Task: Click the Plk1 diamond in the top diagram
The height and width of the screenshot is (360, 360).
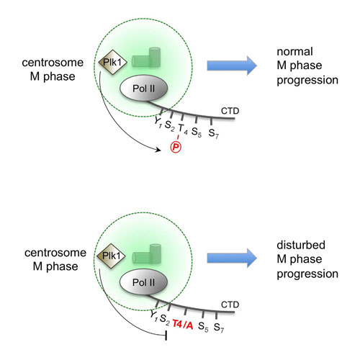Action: [112, 63]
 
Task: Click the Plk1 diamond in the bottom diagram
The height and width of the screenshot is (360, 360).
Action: [111, 256]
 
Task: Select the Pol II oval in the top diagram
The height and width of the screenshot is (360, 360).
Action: [143, 88]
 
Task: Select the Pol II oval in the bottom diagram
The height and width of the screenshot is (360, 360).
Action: [143, 282]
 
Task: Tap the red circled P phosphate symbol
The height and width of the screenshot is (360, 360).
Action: [176, 147]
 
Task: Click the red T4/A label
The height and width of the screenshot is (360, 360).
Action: [183, 325]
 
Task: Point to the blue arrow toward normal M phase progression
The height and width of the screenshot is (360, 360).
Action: [232, 66]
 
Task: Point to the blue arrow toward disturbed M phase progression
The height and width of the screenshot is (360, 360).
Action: [232, 258]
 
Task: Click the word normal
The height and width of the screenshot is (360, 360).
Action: [294, 52]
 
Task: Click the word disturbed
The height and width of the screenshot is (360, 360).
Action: [301, 245]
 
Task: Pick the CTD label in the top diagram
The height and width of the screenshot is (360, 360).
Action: [230, 111]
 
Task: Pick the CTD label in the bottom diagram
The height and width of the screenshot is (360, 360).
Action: [230, 305]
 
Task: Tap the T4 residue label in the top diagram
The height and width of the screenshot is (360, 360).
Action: [183, 129]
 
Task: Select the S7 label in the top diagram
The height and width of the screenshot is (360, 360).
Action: [214, 134]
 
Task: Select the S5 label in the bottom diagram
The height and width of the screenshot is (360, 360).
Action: [203, 327]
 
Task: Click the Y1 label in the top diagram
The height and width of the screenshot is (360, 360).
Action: [158, 122]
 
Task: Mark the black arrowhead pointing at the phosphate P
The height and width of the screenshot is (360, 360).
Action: [158, 150]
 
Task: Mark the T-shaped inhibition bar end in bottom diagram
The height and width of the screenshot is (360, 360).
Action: [166, 335]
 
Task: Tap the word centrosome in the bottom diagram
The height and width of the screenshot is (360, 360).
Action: [55, 253]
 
